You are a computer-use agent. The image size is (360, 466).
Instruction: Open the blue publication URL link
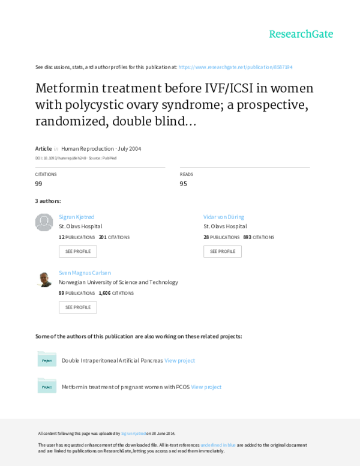tap(235, 67)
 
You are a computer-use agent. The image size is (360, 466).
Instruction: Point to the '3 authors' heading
tap(48, 201)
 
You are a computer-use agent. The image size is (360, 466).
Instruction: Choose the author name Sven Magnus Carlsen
tap(85, 272)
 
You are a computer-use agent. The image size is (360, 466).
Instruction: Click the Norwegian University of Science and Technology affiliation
tap(118, 282)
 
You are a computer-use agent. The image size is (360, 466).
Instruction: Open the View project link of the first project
tap(179, 360)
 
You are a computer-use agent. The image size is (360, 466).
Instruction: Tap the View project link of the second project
tap(206, 387)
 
